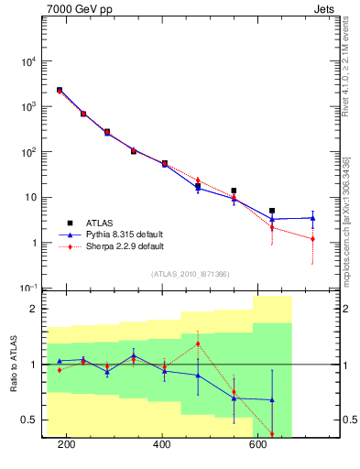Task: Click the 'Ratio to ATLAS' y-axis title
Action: point(13,364)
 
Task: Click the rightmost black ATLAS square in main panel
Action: point(272,211)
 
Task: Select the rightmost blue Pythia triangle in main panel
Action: point(313,218)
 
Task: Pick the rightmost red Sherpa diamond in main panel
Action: point(313,239)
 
